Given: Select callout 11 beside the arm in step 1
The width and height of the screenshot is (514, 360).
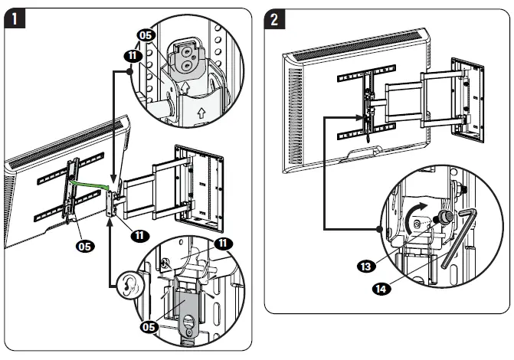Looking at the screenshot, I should [x=139, y=235].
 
